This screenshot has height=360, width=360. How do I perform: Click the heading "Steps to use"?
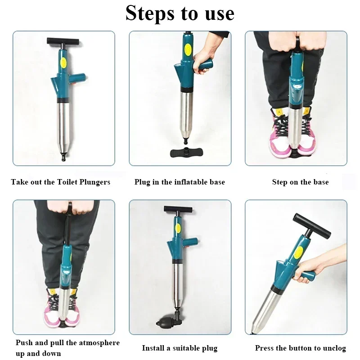click(x=180, y=13)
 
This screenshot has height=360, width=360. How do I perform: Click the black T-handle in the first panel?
click(x=63, y=41)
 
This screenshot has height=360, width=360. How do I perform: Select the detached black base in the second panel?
click(x=187, y=152)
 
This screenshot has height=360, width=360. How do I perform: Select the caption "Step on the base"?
click(x=300, y=182)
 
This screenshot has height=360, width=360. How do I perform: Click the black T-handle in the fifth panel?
click(x=178, y=209)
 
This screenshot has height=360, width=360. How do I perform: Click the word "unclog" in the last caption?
click(x=333, y=348)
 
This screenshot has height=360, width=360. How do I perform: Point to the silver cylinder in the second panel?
click(x=186, y=113)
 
